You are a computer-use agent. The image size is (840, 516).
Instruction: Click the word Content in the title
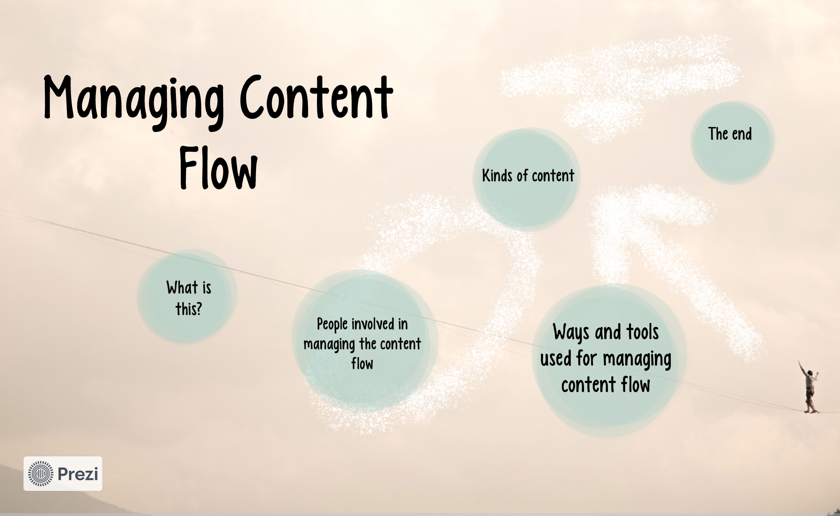point(316,97)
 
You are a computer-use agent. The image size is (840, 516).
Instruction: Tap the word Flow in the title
point(218,168)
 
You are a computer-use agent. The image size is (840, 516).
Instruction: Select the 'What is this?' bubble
point(187,296)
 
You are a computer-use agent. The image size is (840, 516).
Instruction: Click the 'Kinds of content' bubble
point(527,179)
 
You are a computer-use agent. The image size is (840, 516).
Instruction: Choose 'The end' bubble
point(732,142)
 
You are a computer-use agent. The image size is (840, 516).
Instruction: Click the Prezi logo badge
point(63,474)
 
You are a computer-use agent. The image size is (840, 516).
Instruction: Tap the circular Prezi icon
point(40,474)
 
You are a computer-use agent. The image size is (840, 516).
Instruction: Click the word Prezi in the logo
point(78,474)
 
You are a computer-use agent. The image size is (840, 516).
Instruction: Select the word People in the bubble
point(332,325)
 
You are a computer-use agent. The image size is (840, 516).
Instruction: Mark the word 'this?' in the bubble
point(189,309)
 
